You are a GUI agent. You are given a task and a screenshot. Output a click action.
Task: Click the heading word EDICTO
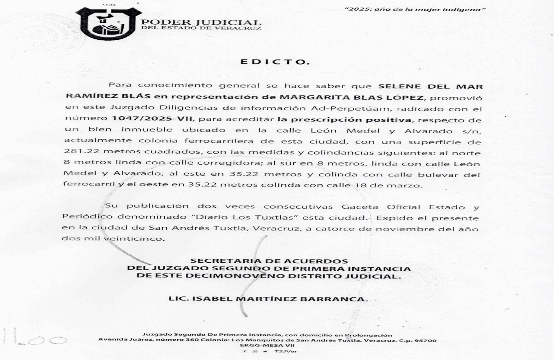[275, 62]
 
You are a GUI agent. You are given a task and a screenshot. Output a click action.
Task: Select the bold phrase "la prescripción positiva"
[344, 120]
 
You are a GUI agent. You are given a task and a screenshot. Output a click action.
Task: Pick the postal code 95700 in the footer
[426, 340]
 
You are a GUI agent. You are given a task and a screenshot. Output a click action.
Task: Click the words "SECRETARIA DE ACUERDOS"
[269, 261]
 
